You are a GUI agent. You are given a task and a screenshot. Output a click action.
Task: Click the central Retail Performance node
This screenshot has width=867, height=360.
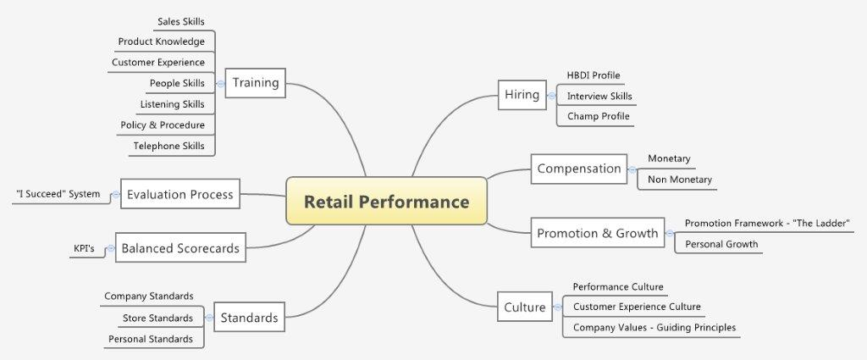[386, 202]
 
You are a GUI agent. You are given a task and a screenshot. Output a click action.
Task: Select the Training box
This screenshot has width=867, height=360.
[256, 83]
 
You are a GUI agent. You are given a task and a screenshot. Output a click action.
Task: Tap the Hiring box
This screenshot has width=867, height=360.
[522, 95]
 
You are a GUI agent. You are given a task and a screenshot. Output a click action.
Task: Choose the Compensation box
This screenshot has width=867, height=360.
[579, 169]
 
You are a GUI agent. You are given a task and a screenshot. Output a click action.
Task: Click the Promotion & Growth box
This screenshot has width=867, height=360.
[598, 233]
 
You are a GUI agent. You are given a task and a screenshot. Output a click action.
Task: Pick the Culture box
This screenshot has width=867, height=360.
[525, 307]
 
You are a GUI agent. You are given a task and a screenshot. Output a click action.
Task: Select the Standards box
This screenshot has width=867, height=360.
[249, 318]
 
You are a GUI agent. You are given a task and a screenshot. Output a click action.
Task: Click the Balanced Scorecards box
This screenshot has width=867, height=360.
[180, 248]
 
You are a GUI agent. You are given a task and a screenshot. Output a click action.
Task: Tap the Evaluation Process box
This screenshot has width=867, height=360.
[179, 195]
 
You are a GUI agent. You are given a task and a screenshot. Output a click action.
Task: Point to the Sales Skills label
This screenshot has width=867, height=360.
[180, 21]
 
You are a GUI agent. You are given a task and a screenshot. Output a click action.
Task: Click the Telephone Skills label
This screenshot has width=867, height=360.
[168, 146]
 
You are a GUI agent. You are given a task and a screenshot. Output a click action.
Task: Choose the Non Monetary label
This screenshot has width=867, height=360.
[680, 180]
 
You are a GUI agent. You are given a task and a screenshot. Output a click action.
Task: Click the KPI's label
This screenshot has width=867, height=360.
[84, 248]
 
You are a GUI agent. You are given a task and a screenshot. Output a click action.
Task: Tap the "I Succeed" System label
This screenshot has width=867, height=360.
[58, 195]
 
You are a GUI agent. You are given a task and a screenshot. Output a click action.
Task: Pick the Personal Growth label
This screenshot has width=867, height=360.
[721, 244]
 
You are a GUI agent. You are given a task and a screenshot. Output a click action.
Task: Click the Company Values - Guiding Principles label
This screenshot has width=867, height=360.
[654, 327]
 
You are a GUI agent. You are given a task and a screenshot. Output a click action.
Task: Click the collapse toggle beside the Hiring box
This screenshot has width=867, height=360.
[551, 95]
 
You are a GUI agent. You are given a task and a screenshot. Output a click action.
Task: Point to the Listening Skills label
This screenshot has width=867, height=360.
[172, 104]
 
